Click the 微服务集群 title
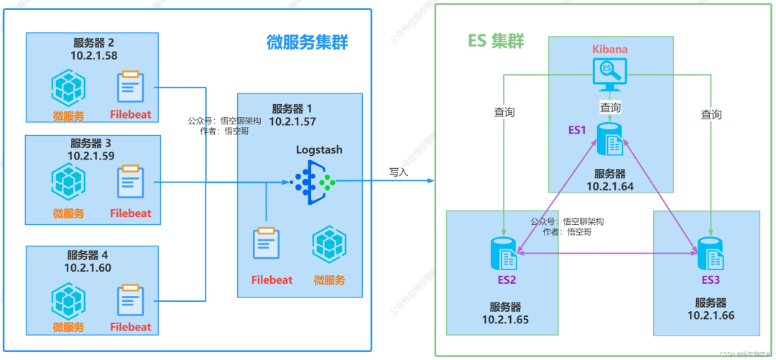[307, 42]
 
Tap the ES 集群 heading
[496, 41]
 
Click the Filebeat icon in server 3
[130, 183]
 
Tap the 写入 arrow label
[399, 172]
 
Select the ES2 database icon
[503, 252]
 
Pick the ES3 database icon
[711, 252]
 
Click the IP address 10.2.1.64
[610, 186]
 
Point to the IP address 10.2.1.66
[711, 315]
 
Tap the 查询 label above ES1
[610, 107]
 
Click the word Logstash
[319, 150]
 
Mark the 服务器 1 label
[292, 109]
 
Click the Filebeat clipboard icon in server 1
[266, 243]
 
